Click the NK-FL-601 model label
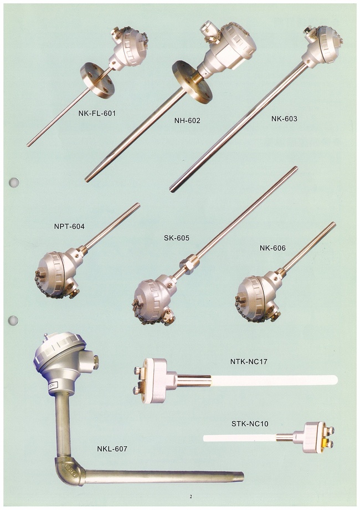coord(97,114)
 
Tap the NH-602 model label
coord(187,121)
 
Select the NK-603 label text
coord(284,119)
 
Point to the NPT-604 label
coord(69,226)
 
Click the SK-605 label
coord(177,238)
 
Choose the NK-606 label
coord(272,248)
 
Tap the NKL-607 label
coord(112,449)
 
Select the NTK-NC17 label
coord(249,361)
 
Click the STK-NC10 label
coord(250,424)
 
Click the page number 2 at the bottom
coord(191,497)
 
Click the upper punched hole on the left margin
coord(14,182)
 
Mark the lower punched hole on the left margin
coord(13,320)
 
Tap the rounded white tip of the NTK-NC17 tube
coord(335,380)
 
